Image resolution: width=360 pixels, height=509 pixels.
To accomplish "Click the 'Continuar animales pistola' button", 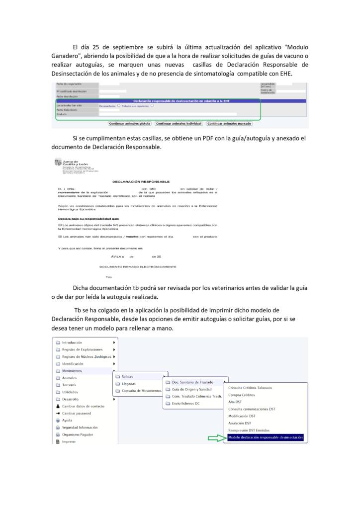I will coord(129,123).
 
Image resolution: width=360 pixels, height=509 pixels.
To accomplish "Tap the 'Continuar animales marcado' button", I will coord(229,123).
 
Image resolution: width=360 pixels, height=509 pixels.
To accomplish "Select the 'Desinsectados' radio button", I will coord(119,105).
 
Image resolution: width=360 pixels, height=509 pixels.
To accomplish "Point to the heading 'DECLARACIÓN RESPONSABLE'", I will coord(141,182).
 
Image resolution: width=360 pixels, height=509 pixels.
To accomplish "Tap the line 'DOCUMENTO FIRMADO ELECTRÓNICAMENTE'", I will coord(138,266).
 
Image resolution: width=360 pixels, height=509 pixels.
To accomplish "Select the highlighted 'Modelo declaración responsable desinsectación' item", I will coord(265,438).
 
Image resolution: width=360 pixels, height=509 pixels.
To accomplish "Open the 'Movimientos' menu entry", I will coord(72,371).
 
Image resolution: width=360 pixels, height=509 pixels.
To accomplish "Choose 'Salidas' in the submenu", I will coord(127,376).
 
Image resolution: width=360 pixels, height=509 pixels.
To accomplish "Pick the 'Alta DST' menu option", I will coord(235,402).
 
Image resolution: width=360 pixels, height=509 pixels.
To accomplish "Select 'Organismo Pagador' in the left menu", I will coord(80,434).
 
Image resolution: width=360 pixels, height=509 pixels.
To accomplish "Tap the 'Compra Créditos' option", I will coord(241,395).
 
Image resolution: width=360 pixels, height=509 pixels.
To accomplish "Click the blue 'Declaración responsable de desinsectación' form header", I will coord(181,101).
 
